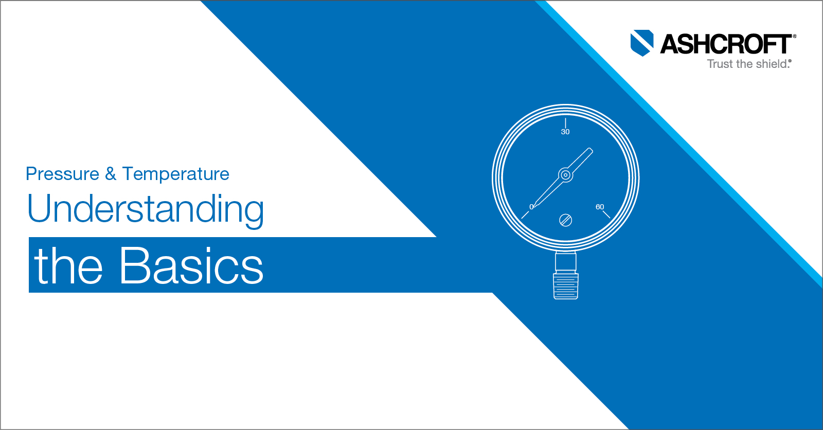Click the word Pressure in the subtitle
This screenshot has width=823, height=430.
pos(62,174)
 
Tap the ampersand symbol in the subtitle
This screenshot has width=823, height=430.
pos(111,174)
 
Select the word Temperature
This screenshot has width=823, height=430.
pos(176,174)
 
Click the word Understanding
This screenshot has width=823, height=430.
pos(146,209)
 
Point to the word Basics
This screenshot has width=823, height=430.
pos(191,266)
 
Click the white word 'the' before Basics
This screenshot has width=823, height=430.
pos(69,266)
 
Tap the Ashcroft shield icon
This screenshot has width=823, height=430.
pos(642,43)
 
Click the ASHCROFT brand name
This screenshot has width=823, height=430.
pos(726,44)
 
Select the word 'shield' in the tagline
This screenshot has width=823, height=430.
pos(771,64)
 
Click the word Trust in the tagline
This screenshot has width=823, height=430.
pos(720,64)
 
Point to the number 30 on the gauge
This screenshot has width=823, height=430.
pos(565,132)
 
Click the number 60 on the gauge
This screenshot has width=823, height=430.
pos(600,207)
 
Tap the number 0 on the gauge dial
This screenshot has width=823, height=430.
pos(531,207)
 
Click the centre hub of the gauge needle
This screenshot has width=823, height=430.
pos(566,175)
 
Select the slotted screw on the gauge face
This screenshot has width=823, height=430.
pos(566,220)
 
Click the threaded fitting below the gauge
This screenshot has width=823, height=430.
pos(566,286)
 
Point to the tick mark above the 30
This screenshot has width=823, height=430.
pos(566,122)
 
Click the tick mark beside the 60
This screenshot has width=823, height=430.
pos(606,214)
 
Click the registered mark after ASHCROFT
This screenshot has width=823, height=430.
pos(795,36)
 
